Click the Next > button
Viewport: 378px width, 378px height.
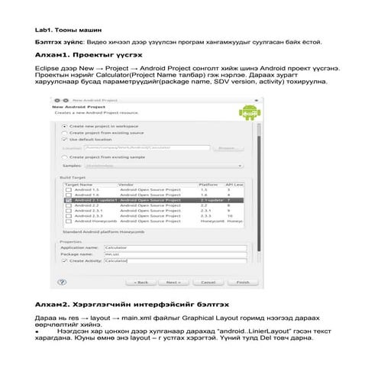173,282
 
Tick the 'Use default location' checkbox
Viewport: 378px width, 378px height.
63,140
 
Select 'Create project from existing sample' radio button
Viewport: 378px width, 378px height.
63,157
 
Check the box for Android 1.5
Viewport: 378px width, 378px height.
68,189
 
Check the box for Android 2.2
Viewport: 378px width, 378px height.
68,205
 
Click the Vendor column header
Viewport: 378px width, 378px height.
126,184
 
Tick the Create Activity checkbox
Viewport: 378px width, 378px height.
63,261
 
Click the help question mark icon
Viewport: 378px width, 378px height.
63,282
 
